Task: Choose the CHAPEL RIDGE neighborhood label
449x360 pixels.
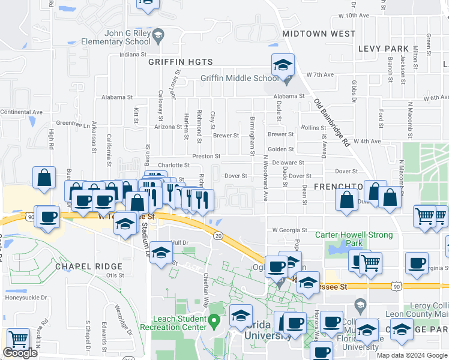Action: [x=88, y=266]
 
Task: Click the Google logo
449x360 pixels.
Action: [x=20, y=353]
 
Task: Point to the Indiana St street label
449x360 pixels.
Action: [x=133, y=55]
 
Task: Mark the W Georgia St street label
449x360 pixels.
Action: [x=289, y=230]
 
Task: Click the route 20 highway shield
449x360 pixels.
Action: [x=217, y=235]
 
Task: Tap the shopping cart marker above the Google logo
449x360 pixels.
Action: [x=18, y=340]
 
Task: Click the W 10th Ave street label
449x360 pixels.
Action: [x=353, y=15]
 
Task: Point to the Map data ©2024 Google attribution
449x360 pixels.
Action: [x=412, y=355]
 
